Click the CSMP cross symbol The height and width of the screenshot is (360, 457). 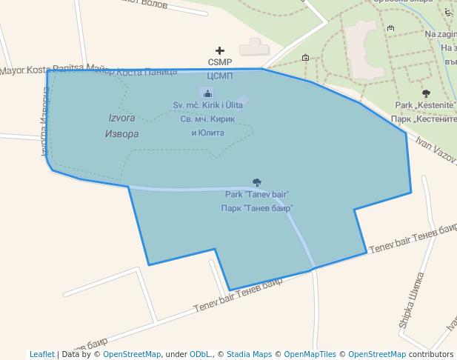click(x=220, y=50)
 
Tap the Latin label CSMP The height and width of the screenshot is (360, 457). click(x=220, y=62)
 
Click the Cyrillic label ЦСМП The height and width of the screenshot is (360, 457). click(x=220, y=76)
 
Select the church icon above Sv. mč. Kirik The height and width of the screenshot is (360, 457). click(x=207, y=93)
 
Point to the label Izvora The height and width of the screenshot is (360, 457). click(x=123, y=119)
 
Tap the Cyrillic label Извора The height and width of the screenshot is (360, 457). click(x=123, y=134)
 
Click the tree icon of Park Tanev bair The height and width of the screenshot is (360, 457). click(x=257, y=182)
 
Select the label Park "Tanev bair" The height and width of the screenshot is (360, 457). click(x=257, y=195)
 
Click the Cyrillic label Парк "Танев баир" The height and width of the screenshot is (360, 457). click(x=257, y=209)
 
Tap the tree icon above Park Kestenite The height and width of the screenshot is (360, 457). click(x=426, y=93)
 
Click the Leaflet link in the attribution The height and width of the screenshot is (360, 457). click(x=41, y=354)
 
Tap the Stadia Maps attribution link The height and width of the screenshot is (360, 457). click(x=249, y=354)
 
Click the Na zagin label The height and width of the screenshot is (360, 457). click(x=440, y=35)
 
